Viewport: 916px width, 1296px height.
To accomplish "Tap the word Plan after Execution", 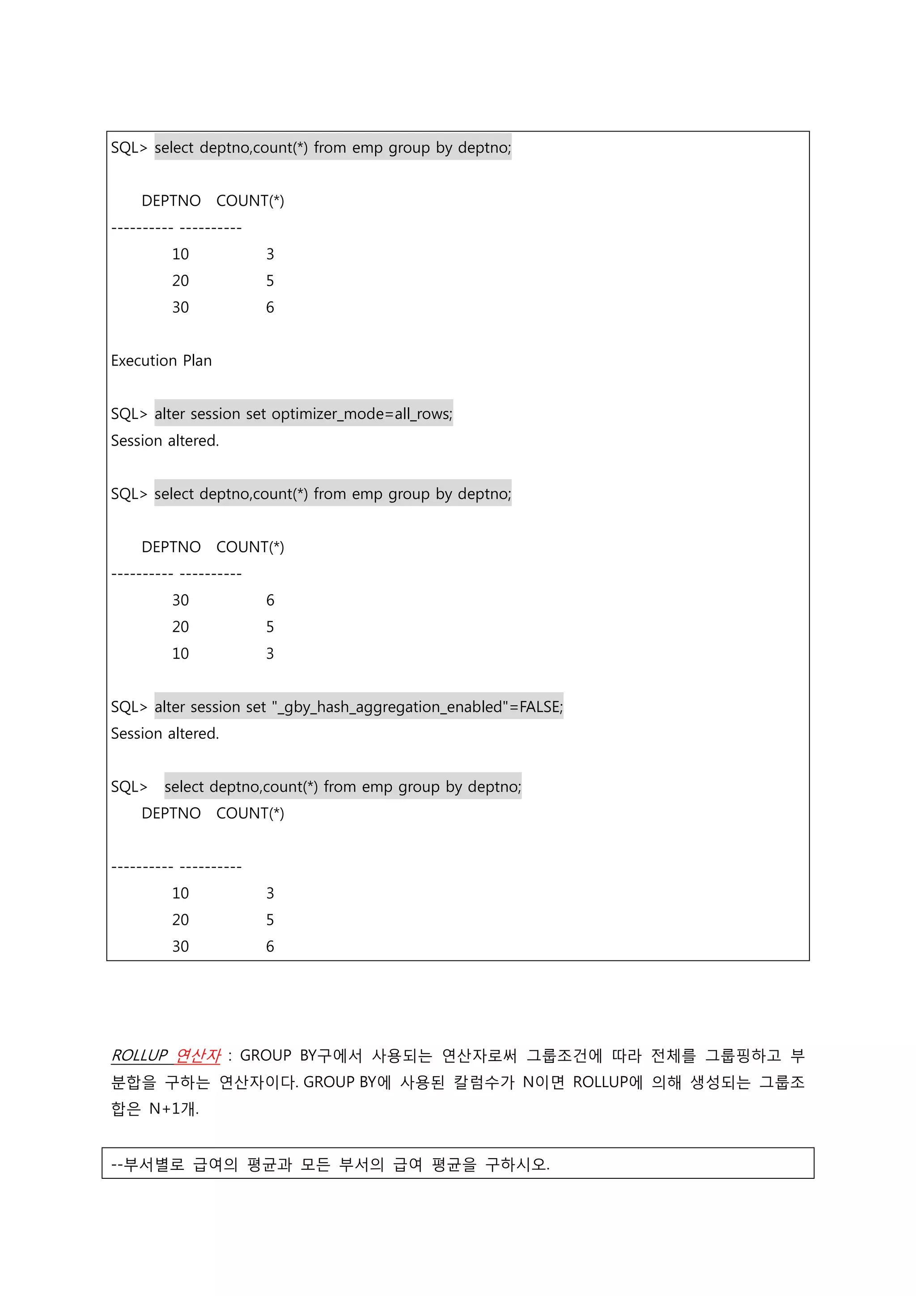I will pyautogui.click(x=197, y=361).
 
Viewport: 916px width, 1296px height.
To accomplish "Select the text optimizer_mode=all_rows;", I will pyautogui.click(x=362, y=414).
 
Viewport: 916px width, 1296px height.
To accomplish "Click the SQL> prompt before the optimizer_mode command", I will pyautogui.click(x=129, y=414).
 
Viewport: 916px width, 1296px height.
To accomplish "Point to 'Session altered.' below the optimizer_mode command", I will pyautogui.click(x=165, y=441).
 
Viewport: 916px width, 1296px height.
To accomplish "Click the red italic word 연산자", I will pyautogui.click(x=198, y=1056).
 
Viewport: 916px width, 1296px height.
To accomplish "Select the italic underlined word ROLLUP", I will pyautogui.click(x=139, y=1056).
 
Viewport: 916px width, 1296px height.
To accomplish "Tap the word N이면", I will pyautogui.click(x=543, y=1082).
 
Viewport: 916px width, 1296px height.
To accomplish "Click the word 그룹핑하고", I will pyautogui.click(x=743, y=1056).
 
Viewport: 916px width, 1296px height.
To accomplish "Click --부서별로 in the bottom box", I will pyautogui.click(x=148, y=1164).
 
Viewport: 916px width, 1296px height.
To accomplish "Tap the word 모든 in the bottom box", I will pyautogui.click(x=315, y=1164).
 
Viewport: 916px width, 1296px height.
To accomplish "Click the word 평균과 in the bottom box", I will pyautogui.click(x=269, y=1164).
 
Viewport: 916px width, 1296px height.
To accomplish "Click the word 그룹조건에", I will pyautogui.click(x=564, y=1056).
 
